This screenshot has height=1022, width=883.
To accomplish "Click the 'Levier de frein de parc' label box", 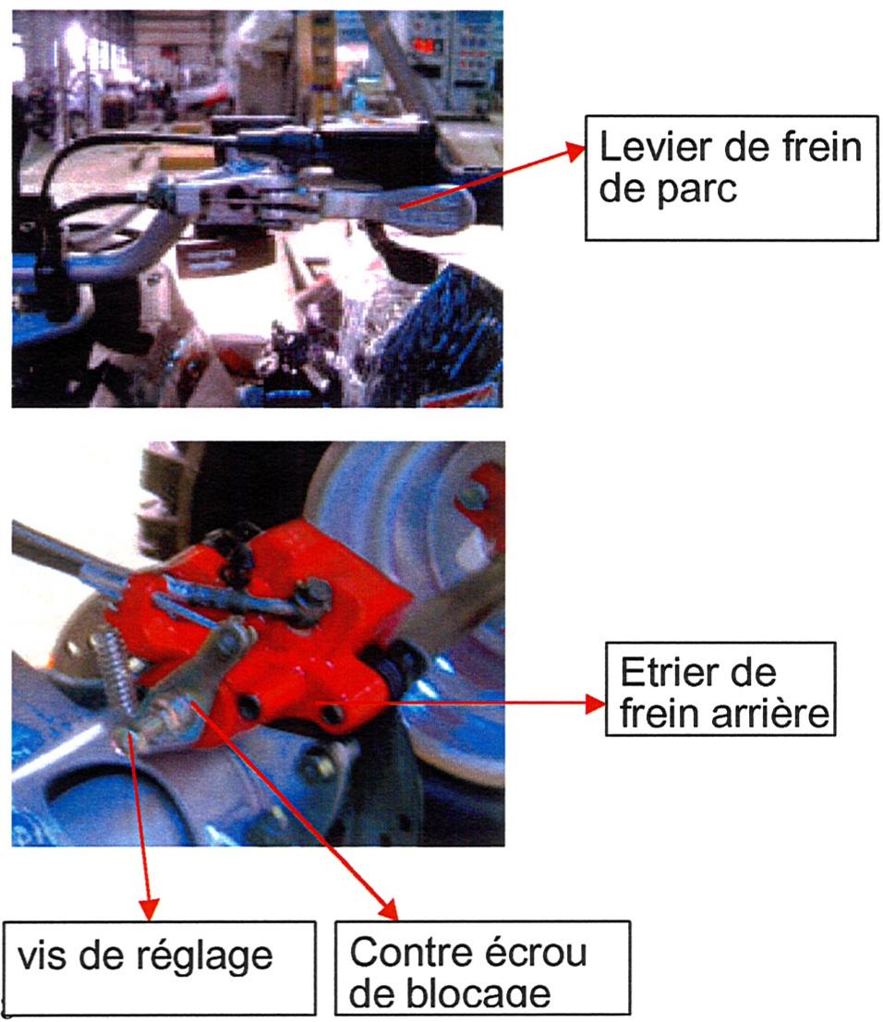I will (731, 177).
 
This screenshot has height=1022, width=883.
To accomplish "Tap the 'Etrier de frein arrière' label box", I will (720, 689).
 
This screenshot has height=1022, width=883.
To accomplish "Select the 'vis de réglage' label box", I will (159, 966).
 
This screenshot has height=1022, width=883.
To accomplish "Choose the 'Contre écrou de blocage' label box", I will (481, 968).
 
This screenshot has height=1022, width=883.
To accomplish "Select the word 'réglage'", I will (214, 956).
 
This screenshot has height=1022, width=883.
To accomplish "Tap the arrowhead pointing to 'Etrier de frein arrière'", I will (591, 703).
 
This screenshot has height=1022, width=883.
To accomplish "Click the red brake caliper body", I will (305, 646).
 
